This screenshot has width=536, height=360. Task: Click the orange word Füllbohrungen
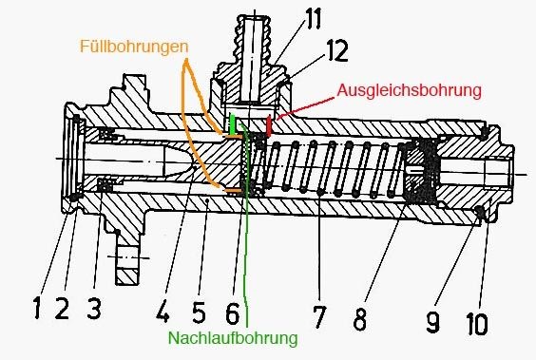[134, 47]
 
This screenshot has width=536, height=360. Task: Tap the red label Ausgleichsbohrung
[410, 90]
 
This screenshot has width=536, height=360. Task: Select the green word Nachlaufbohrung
[233, 338]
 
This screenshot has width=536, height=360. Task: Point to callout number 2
[62, 308]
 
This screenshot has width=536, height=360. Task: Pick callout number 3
[94, 308]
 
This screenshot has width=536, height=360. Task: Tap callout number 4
[163, 312]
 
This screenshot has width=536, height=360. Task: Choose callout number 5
[199, 312]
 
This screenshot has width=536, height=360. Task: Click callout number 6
[233, 313]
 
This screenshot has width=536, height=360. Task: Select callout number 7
[319, 316]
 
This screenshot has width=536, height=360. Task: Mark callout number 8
[359, 318]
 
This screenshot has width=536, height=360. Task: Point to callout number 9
[433, 321]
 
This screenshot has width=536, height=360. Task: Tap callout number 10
[477, 324]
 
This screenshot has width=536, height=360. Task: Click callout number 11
[314, 18]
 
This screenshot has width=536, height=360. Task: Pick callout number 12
[337, 50]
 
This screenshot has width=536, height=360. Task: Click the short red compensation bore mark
[268, 124]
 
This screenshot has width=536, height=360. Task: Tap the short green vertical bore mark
[233, 124]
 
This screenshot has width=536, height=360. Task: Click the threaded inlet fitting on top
[255, 58]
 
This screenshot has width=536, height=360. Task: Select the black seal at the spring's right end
[420, 171]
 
